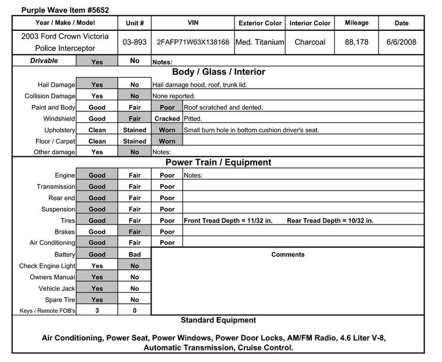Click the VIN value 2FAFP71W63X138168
192,43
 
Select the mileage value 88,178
356,43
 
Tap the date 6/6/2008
401,43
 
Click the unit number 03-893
135,43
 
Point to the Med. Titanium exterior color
259,43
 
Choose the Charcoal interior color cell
310,43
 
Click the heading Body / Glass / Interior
218,72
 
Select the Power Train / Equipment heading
218,163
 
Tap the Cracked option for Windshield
167,118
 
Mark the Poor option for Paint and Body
167,107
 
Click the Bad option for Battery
135,255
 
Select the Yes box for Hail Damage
97,85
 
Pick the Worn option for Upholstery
167,130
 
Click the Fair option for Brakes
135,231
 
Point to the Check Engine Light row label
47,266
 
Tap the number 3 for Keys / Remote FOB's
97,311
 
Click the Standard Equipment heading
218,320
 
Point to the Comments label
288,255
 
